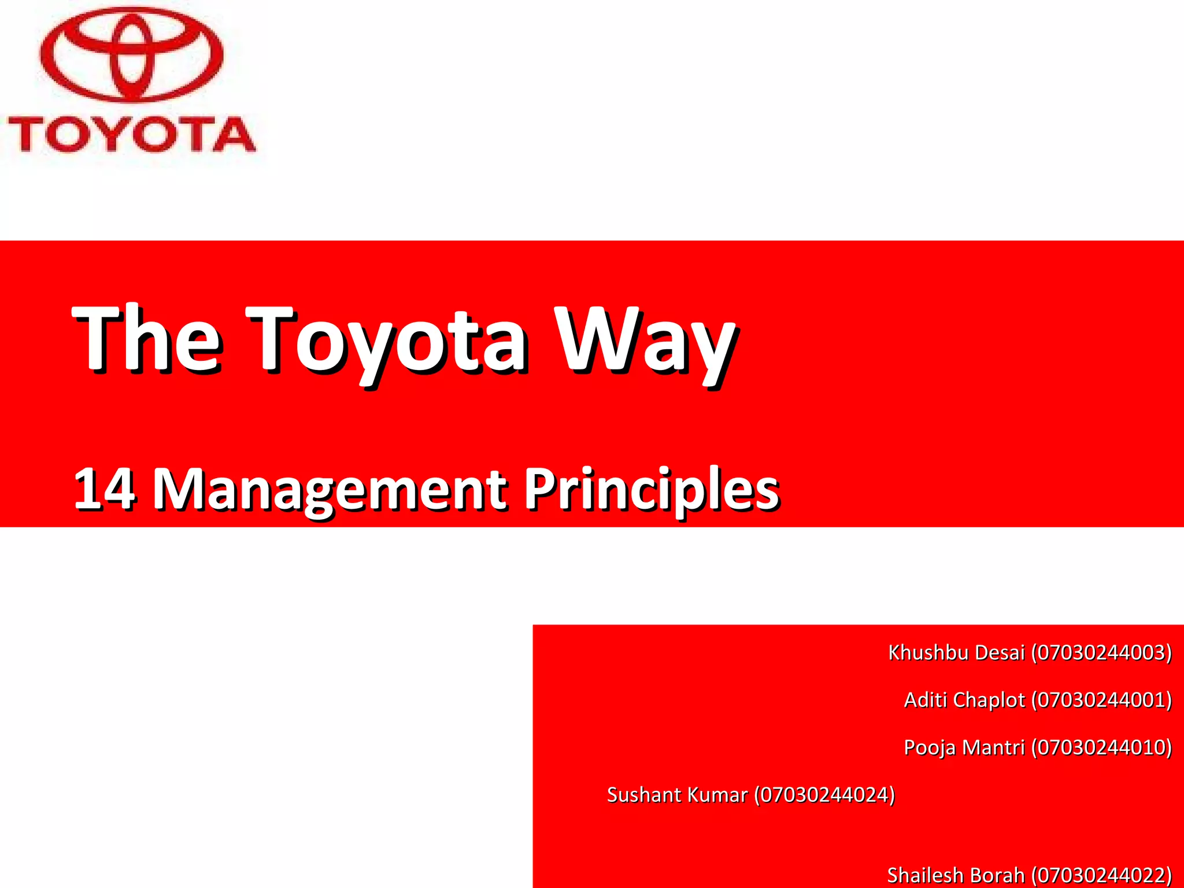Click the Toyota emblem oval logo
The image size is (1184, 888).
tap(131, 55)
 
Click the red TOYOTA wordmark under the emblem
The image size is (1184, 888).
tap(131, 134)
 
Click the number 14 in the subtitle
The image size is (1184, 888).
tap(105, 489)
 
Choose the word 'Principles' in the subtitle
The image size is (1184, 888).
tap(652, 490)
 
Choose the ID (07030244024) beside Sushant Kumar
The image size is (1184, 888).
tap(824, 795)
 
